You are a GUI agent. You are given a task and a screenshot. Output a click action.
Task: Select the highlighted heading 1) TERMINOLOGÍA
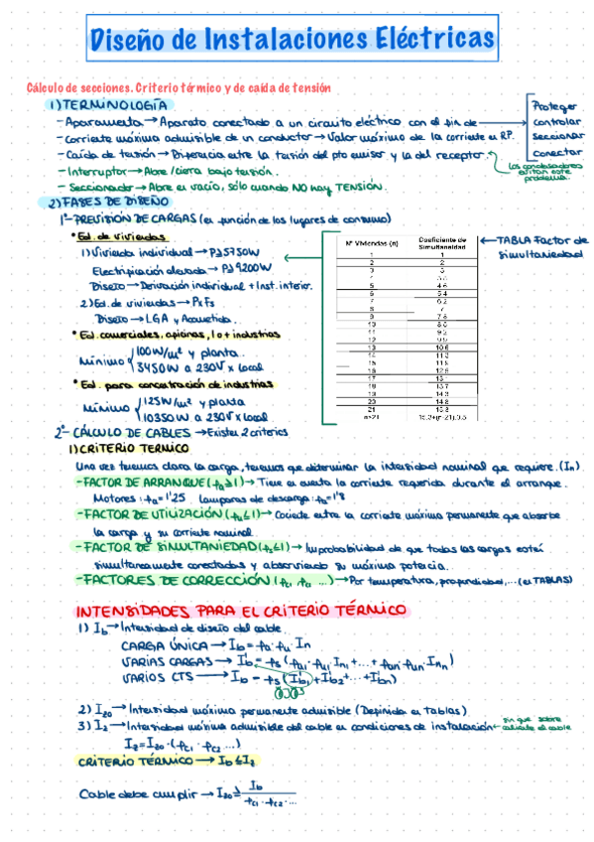coord(109,105)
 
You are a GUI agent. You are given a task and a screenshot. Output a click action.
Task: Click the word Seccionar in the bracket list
coord(556,137)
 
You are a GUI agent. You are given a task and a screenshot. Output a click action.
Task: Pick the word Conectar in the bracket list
coord(554,153)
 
